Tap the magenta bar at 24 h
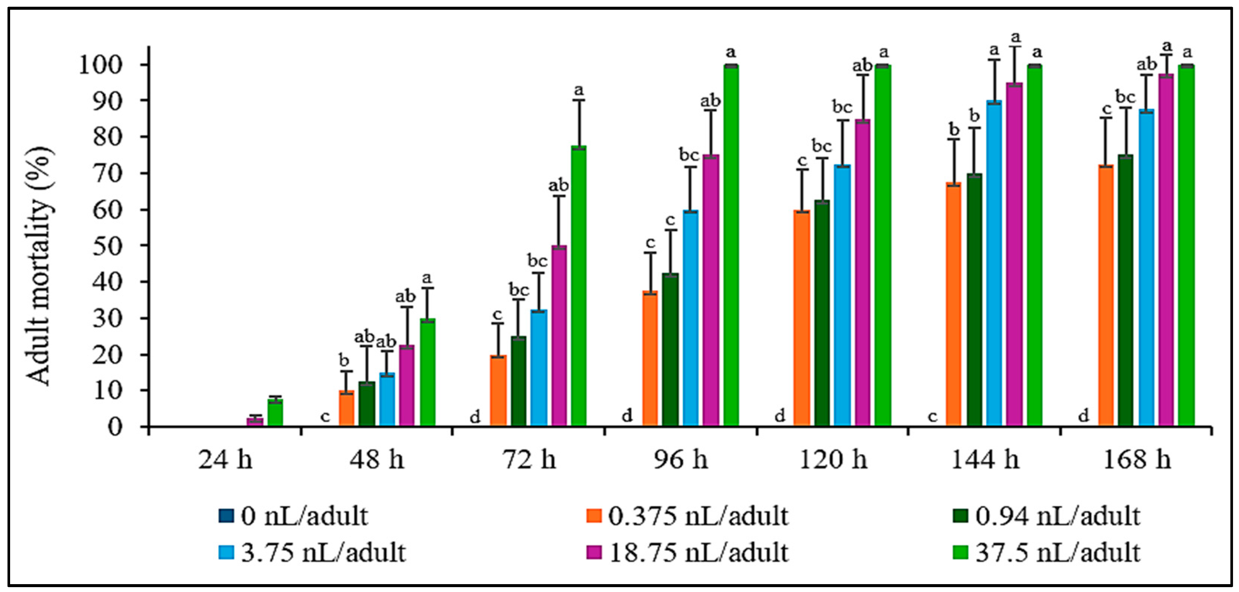(255, 421)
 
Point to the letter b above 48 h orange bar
(344, 360)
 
